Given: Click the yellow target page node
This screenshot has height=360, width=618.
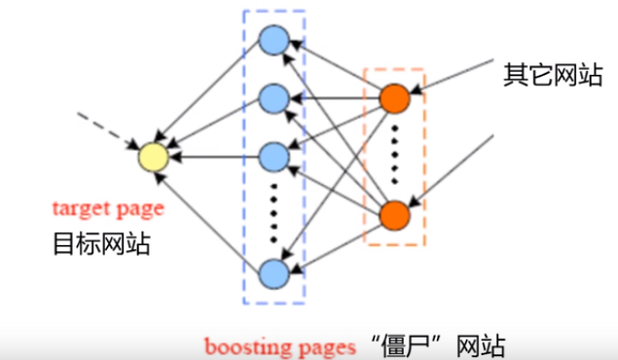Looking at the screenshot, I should click(x=152, y=157).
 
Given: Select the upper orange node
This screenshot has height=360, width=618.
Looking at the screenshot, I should click(x=394, y=97).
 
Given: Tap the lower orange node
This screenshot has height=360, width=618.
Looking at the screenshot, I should click(x=394, y=214).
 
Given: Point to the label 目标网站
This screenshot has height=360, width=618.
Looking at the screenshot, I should click(x=101, y=243).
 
